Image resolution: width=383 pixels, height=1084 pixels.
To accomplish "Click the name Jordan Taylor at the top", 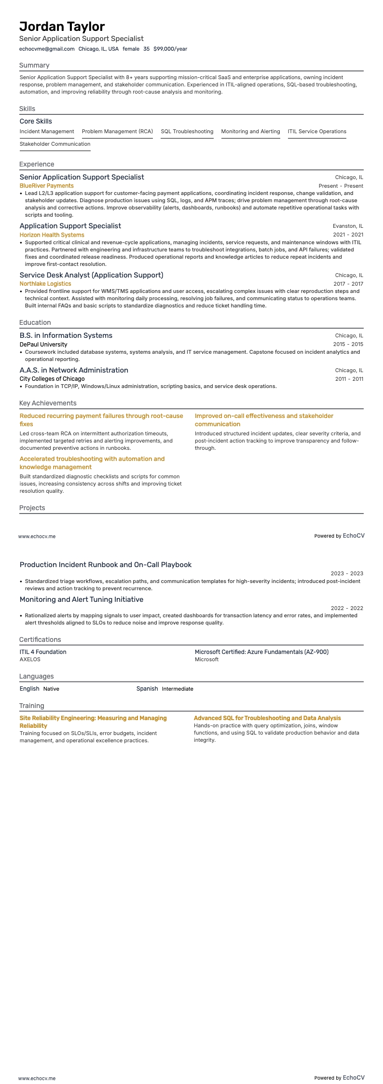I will click(62, 27).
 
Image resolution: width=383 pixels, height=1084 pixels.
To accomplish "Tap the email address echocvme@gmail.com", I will click(47, 49).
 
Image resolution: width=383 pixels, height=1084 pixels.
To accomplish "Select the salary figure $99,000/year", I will click(170, 49).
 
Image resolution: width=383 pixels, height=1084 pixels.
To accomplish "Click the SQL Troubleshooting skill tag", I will click(187, 131).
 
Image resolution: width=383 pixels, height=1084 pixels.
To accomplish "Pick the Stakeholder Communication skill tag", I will click(55, 144).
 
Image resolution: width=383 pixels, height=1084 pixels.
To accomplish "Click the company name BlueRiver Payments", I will click(46, 186).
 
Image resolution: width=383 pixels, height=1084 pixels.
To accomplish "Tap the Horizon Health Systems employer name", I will click(52, 235).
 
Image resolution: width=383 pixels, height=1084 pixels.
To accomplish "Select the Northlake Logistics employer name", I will click(45, 284).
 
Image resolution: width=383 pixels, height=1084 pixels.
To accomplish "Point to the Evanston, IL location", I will click(348, 226).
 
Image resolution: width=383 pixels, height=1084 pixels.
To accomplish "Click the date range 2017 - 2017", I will click(348, 284).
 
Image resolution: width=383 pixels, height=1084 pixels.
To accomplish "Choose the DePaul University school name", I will click(43, 345).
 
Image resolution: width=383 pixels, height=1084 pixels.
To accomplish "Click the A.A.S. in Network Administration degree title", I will click(74, 370).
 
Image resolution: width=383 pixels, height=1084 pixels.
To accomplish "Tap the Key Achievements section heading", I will click(48, 403).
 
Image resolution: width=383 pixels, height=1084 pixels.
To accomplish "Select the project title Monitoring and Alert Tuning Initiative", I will click(82, 599).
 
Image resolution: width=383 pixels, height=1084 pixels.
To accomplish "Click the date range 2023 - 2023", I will click(347, 573).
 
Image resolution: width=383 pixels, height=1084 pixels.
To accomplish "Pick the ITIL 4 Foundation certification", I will click(43, 652).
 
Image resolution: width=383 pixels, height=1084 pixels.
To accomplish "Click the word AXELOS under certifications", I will click(30, 659).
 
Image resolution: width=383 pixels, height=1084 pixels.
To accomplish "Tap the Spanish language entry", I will click(147, 689).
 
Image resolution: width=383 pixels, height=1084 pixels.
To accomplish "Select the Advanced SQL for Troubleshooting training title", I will click(267, 718).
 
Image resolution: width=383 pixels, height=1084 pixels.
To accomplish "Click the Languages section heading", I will click(36, 676).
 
